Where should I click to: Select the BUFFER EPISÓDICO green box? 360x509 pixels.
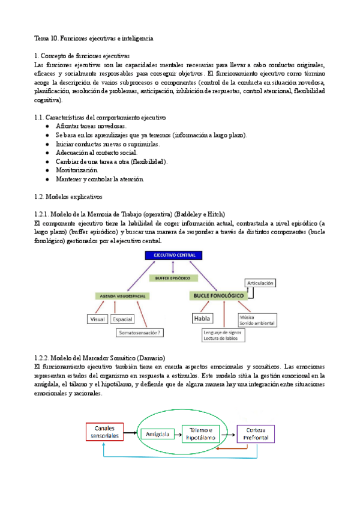pos(173,279)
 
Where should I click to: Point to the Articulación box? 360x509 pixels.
pos(260,283)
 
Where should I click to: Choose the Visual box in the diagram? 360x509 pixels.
pos(98,319)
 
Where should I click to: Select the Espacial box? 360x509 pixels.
pos(122,319)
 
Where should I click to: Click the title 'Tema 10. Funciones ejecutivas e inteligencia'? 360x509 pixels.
pos(94,38)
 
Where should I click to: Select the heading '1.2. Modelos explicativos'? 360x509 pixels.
pos(69,196)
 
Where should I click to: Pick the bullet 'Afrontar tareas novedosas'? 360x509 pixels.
pos(91,127)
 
